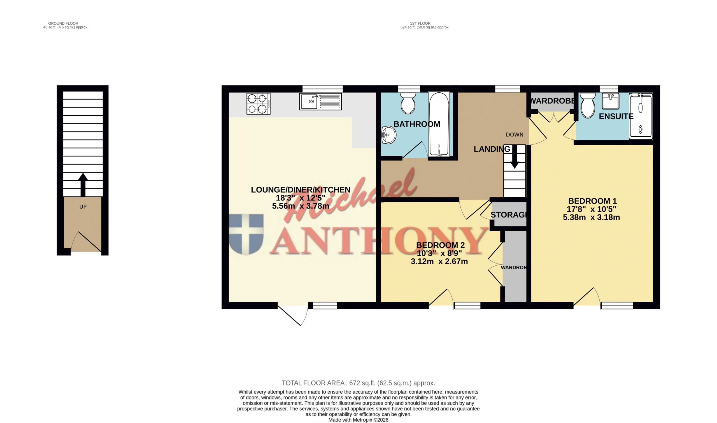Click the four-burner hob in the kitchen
pyautogui.click(x=258, y=104)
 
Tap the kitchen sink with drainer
pyautogui.click(x=320, y=101)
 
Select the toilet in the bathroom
pyautogui.click(x=408, y=103)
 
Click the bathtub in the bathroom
pyautogui.click(x=439, y=124)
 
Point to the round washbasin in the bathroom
pyautogui.click(x=389, y=135)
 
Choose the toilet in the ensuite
pyautogui.click(x=588, y=105)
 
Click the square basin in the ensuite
pyautogui.click(x=610, y=101)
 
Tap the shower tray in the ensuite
pyautogui.click(x=641, y=116)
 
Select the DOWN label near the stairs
pyautogui.click(x=515, y=135)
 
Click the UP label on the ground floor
pyautogui.click(x=83, y=207)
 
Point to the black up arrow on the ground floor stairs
pyautogui.click(x=83, y=184)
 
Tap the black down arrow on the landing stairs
pyautogui.click(x=515, y=157)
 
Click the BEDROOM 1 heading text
pyautogui.click(x=592, y=201)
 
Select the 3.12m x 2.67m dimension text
pyautogui.click(x=439, y=261)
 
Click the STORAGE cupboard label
pyautogui.click(x=509, y=215)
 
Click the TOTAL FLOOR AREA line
pyautogui.click(x=358, y=383)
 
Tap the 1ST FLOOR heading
pyautogui.click(x=420, y=23)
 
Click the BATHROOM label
pyautogui.click(x=417, y=124)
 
